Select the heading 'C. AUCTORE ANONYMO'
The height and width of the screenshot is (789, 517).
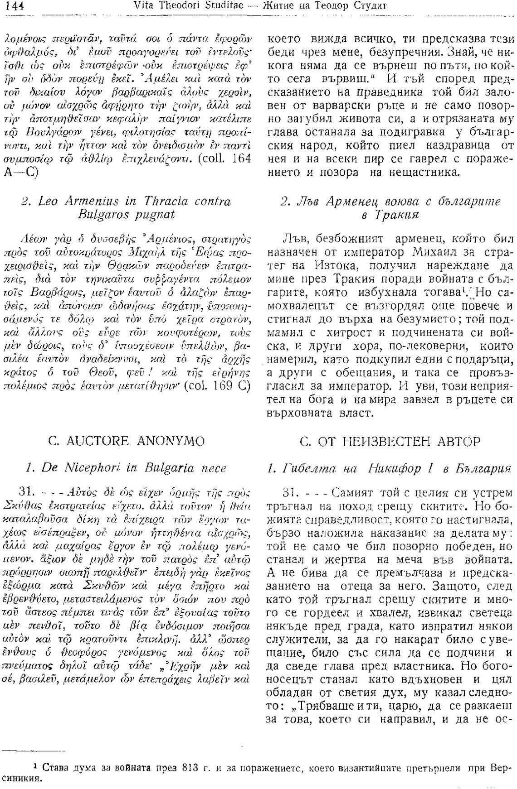[127, 441]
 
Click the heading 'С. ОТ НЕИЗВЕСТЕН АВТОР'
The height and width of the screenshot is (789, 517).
[390, 441]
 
